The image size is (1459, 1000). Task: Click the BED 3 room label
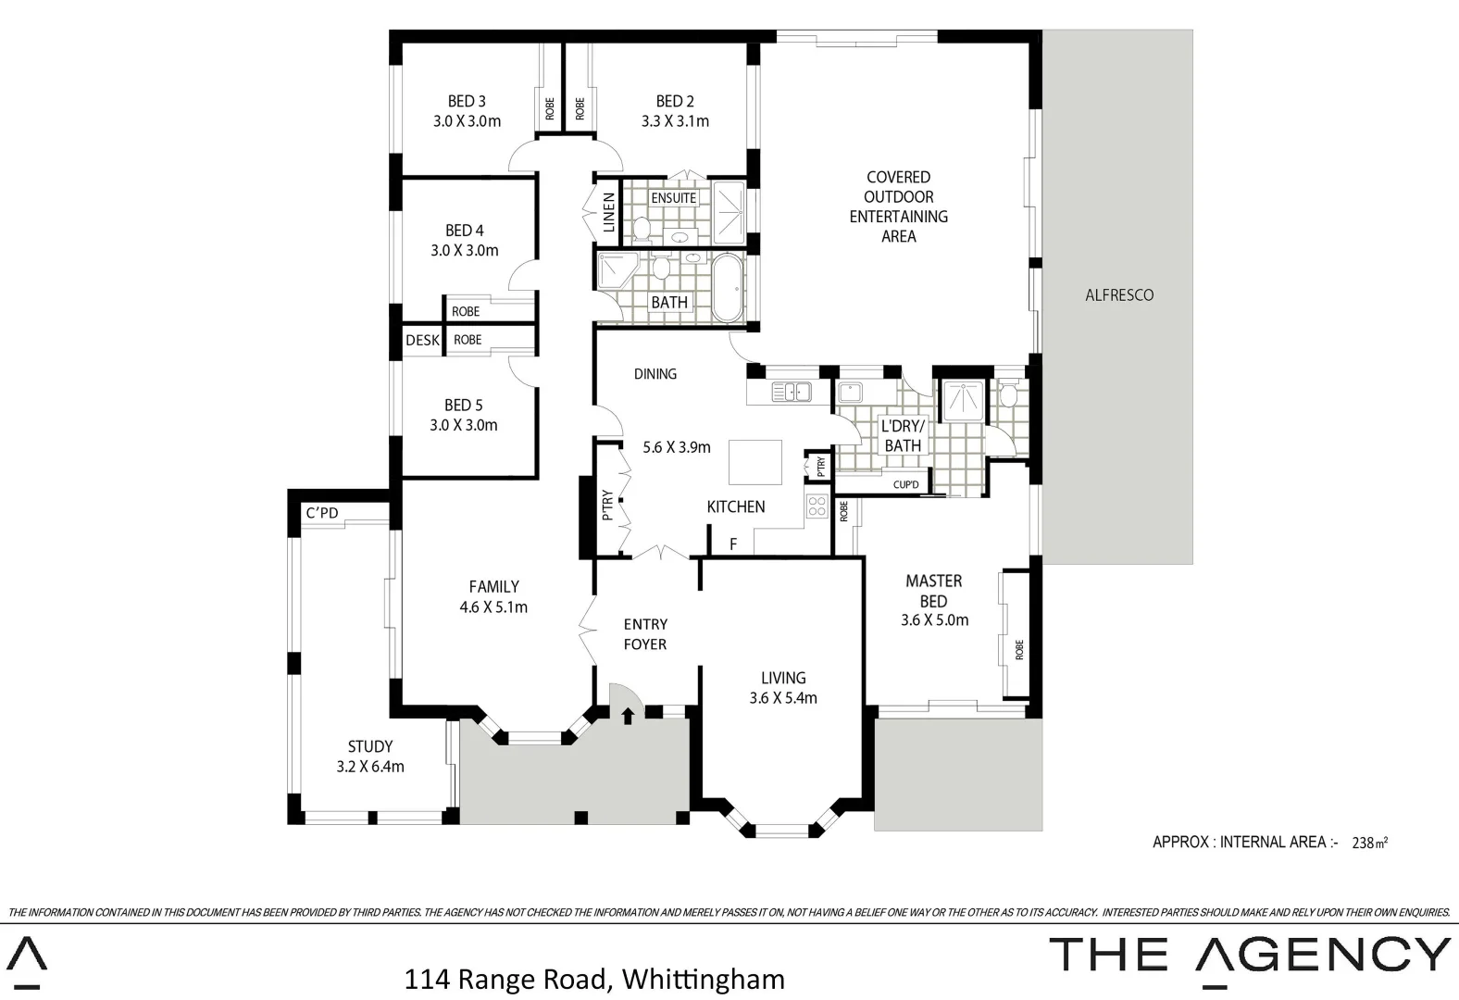[467, 101]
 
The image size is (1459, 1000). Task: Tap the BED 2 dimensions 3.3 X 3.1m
[675, 121]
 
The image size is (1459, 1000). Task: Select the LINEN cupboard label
[608, 212]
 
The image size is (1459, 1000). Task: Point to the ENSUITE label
[673, 198]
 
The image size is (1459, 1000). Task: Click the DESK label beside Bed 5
[422, 340]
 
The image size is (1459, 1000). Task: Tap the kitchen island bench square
[754, 462]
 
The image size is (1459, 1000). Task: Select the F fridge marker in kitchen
[733, 544]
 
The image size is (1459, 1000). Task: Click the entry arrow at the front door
[628, 715]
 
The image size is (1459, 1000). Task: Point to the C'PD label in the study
[322, 513]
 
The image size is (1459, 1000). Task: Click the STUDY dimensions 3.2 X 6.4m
[370, 767]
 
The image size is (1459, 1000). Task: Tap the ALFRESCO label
[1119, 295]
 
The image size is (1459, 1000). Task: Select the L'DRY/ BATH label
[903, 436]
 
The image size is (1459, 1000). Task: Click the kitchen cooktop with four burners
[817, 506]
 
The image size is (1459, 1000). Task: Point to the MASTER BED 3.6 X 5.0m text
[934, 600]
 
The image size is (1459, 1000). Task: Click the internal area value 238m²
[1370, 843]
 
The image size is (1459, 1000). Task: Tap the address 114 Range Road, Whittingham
[594, 979]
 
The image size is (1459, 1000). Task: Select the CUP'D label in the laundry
[905, 484]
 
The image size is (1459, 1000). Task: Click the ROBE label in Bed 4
[466, 311]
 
